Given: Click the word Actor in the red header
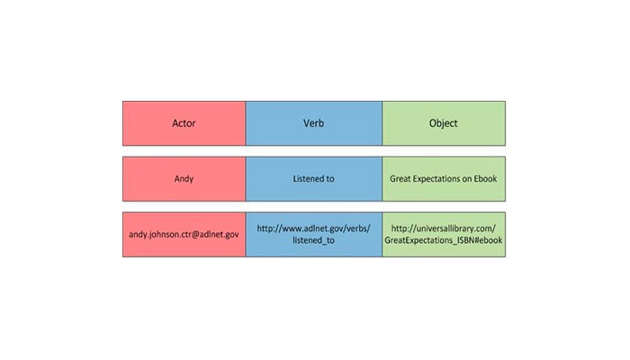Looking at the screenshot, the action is (x=184, y=123).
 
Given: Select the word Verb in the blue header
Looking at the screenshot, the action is (x=313, y=123).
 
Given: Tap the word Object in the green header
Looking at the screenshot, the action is (x=443, y=123).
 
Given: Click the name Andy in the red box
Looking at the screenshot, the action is (x=184, y=179).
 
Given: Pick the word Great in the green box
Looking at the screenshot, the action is (x=400, y=179).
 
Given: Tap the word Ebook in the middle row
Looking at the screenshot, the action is (x=485, y=179).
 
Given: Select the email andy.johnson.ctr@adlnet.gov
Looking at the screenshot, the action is (x=184, y=235).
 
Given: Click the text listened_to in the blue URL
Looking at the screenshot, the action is (x=313, y=240).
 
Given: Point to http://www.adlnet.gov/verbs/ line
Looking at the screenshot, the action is (x=313, y=229).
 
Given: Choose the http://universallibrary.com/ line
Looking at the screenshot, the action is (x=443, y=229).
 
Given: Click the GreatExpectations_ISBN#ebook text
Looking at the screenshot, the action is (x=443, y=240).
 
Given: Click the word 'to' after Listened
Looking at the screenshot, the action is (x=330, y=179).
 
